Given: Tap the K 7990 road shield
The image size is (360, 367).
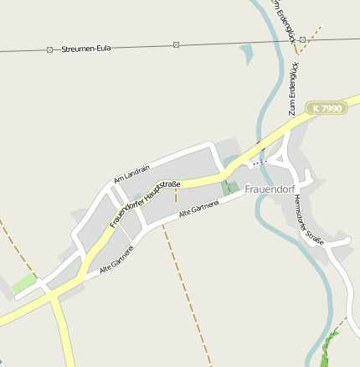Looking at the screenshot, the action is coord(326,108).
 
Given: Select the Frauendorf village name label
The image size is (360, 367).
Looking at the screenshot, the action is coord(273,189).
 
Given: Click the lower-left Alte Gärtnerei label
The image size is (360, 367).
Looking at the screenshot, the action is coord(117,260).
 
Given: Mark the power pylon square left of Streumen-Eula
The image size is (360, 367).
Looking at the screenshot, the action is coord(49,50).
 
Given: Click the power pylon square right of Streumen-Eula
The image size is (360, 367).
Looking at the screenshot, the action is coord(176,44).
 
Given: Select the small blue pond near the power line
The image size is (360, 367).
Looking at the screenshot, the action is coord(246,54).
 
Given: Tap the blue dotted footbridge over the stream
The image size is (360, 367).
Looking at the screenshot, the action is coord(261,161).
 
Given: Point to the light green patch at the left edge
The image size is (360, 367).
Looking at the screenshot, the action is coord(24,283).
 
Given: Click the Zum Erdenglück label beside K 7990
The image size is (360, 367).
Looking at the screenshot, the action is coord(292,88).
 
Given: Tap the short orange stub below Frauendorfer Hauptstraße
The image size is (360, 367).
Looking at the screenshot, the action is coord(176,195).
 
